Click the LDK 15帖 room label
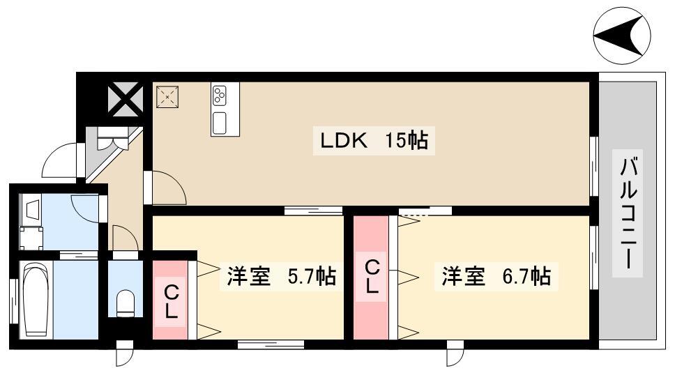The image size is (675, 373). (374, 140)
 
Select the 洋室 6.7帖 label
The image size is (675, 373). (496, 276)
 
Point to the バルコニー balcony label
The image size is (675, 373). (628, 213)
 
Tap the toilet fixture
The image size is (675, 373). (126, 303)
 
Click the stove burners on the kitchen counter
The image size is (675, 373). (220, 96)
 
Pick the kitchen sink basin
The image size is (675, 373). (220, 122)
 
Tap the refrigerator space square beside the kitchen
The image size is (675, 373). (167, 97)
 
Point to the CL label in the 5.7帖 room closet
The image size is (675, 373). (172, 303)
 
